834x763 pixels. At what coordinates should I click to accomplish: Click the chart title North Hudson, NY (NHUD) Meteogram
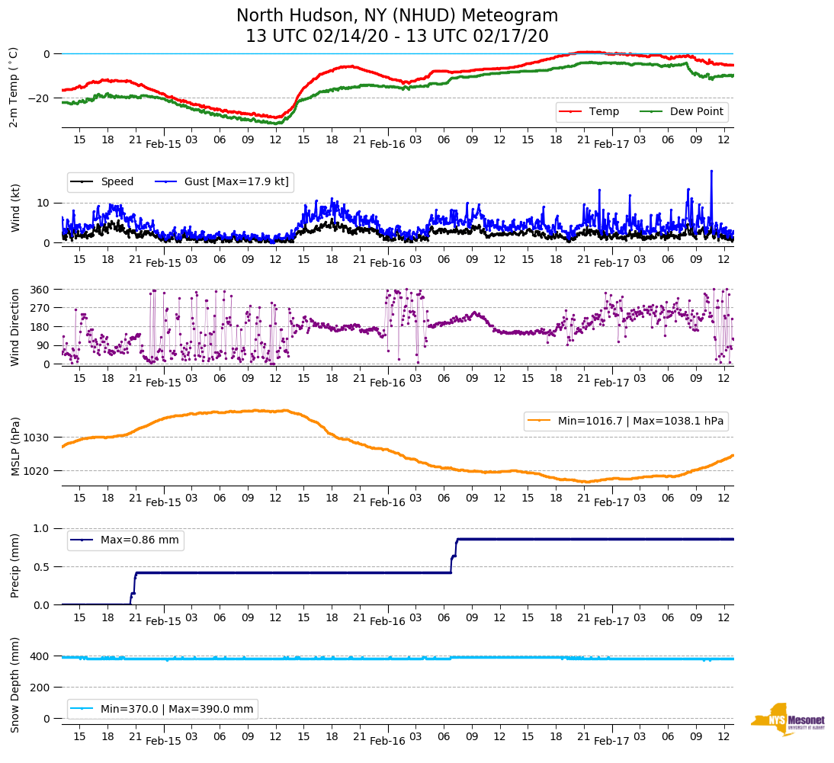point(396,16)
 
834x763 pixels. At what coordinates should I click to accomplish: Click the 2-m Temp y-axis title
point(13,87)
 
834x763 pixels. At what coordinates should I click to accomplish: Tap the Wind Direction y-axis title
point(14,326)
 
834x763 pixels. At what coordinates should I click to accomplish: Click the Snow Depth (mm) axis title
point(14,684)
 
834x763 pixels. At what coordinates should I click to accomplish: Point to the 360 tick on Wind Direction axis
point(40,290)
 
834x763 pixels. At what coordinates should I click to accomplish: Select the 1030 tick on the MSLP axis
point(37,438)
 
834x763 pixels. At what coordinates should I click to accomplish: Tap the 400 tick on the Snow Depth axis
point(40,656)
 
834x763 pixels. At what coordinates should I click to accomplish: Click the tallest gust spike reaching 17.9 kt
point(711,172)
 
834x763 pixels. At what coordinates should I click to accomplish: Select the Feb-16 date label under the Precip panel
point(387,621)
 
